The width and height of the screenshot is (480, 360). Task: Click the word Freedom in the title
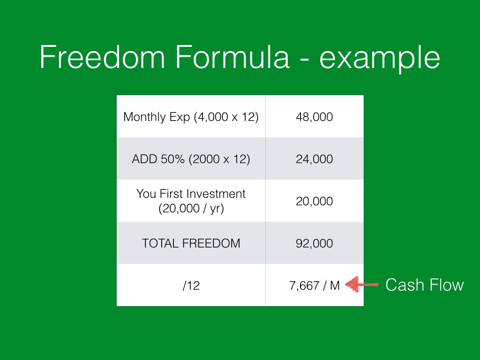coord(103,57)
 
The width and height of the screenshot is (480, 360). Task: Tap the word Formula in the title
coord(232,57)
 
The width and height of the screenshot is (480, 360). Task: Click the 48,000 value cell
coord(315,117)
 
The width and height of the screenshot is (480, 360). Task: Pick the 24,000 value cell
coord(315,159)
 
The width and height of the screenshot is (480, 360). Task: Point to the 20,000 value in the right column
coord(315,202)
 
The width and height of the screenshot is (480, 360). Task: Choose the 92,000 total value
coord(315,244)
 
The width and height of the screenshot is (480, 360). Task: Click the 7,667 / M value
coord(315,285)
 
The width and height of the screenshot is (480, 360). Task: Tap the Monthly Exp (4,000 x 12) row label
coord(191,117)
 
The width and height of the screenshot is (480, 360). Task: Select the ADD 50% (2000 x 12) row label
coord(191,159)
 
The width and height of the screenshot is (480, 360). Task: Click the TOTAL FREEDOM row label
coord(191,243)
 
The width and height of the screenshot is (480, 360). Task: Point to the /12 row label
coord(191,285)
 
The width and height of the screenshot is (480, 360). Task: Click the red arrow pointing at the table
coord(362,285)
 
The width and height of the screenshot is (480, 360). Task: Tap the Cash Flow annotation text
coord(425,285)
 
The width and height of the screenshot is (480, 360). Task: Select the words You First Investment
coord(191,194)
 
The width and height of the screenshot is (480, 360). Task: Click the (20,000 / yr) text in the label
coord(191,209)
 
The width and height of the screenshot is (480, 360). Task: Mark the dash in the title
coord(305,59)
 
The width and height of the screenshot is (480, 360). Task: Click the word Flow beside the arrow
coord(447,285)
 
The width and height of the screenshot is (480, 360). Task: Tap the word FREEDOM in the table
coord(211,243)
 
